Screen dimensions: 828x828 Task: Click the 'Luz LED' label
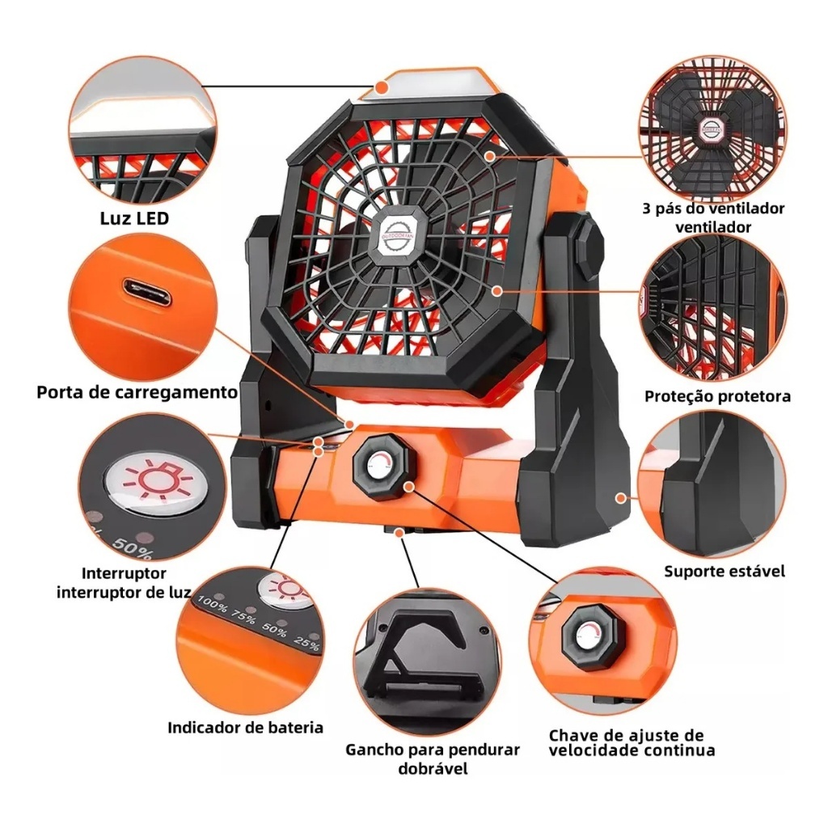[134, 218]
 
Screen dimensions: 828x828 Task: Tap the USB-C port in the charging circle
[147, 293]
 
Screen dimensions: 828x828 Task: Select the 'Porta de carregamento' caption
[137, 392]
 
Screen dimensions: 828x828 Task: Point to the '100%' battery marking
[213, 605]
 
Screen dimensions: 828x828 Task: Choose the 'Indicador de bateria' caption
[245, 727]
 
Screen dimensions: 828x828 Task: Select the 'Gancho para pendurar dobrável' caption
[433, 758]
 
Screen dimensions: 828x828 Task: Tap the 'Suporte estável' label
[724, 571]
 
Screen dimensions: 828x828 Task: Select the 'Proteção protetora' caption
[718, 396]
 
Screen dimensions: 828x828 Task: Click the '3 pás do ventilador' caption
[713, 208]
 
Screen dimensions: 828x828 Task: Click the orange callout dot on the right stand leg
[622, 498]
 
